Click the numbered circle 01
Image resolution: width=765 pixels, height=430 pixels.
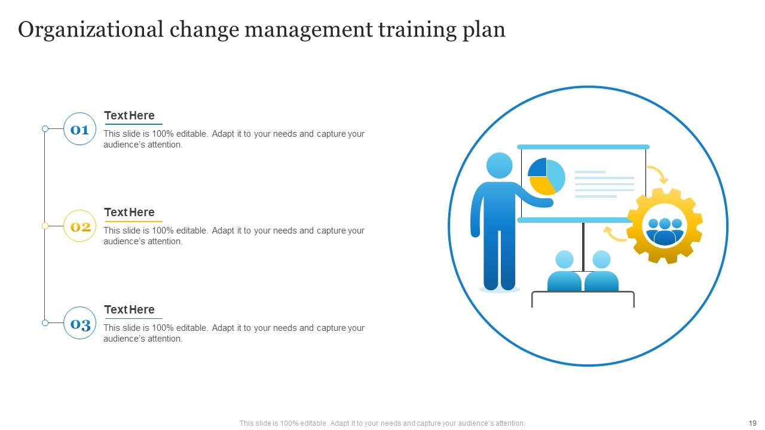[79, 129]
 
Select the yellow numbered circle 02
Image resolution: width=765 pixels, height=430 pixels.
[79, 226]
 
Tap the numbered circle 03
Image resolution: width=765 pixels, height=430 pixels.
[79, 323]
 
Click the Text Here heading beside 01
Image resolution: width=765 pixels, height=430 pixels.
[129, 116]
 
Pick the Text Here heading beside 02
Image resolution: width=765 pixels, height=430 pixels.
[129, 213]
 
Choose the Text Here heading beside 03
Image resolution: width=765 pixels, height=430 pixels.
[129, 310]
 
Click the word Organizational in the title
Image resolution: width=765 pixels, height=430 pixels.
[90, 29]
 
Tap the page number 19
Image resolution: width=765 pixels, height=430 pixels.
[752, 423]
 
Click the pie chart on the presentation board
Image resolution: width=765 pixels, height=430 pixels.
[546, 176]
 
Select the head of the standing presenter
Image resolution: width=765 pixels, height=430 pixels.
[500, 165]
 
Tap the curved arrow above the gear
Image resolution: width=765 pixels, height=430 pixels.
[658, 174]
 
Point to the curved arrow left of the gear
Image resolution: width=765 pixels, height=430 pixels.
[614, 234]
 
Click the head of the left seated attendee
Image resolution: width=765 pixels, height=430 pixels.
[564, 260]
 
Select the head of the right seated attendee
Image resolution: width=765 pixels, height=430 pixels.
[601, 260]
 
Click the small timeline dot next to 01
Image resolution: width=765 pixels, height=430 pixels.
[45, 129]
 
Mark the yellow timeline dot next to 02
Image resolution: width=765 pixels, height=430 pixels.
[45, 226]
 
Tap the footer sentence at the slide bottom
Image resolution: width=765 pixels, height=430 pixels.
[382, 423]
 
